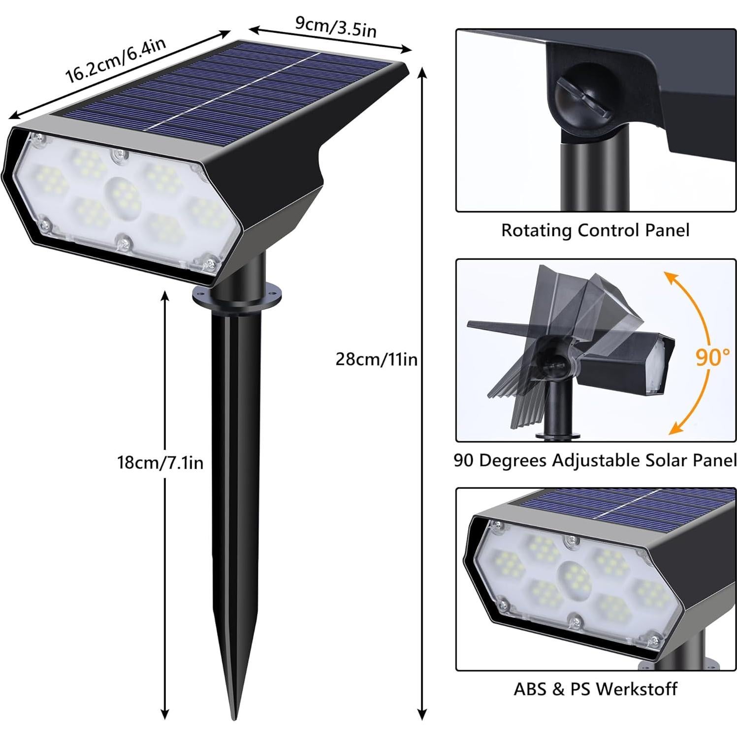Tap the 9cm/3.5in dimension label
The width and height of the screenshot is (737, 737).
[x=336, y=26]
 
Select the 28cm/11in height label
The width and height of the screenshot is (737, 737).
[x=376, y=359]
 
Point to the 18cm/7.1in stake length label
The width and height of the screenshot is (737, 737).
[x=160, y=463]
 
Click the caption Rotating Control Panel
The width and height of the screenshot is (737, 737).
[x=595, y=230]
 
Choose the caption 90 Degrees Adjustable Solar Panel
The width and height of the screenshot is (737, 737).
[x=595, y=460]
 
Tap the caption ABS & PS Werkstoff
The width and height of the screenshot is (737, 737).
[x=595, y=689]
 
